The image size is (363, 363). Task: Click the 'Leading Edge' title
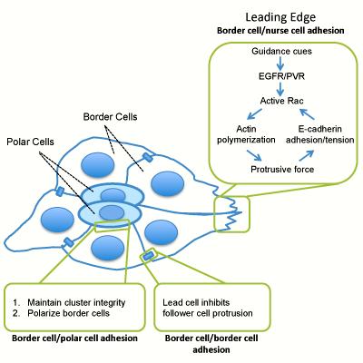point(281,15)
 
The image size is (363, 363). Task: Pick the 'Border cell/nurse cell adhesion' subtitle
point(281,30)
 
